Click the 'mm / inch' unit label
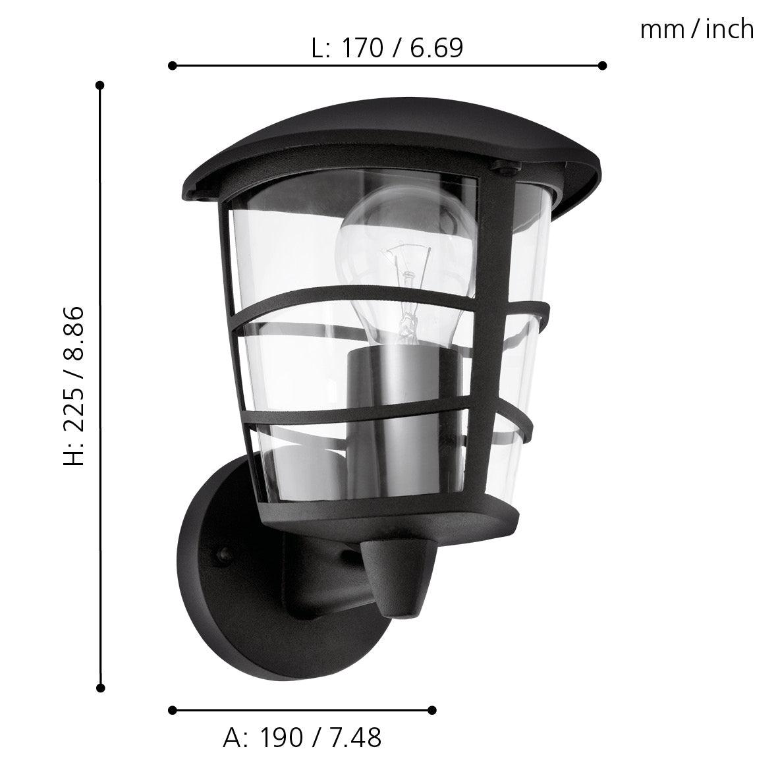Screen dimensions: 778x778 [x=696, y=30]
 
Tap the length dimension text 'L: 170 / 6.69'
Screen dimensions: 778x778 [x=387, y=47]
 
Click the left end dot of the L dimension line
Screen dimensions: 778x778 [x=172, y=65]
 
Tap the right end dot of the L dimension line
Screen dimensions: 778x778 [x=602, y=65]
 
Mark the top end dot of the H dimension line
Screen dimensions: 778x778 [x=100, y=85]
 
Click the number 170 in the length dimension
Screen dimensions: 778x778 [x=362, y=47]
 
